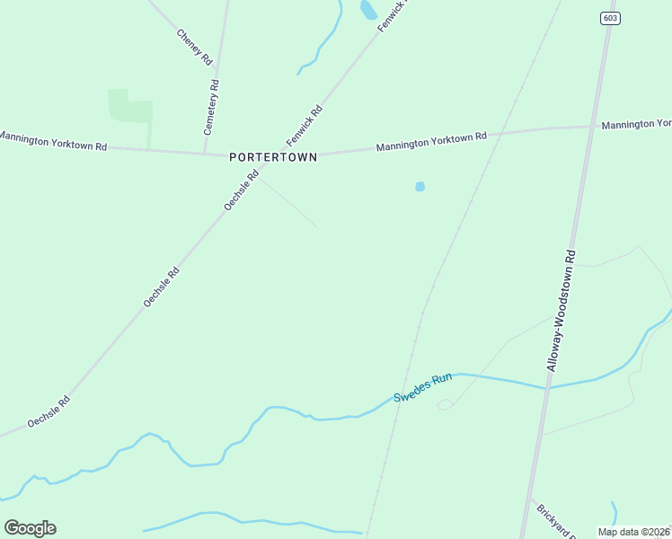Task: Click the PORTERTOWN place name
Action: point(273,156)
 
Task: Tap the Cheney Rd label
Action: point(194,47)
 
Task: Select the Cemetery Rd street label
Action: point(212,107)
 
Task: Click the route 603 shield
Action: point(611,17)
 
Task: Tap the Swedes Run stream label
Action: point(423,389)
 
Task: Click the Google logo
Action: point(30,528)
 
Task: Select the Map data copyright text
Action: point(633,532)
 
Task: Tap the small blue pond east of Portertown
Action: point(420,187)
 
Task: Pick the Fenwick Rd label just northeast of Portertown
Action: point(305,126)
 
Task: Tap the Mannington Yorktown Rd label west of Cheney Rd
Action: point(52,140)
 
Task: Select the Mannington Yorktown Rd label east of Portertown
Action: point(431,141)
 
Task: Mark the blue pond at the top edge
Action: point(368,10)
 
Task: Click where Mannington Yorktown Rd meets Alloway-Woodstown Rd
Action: point(592,127)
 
